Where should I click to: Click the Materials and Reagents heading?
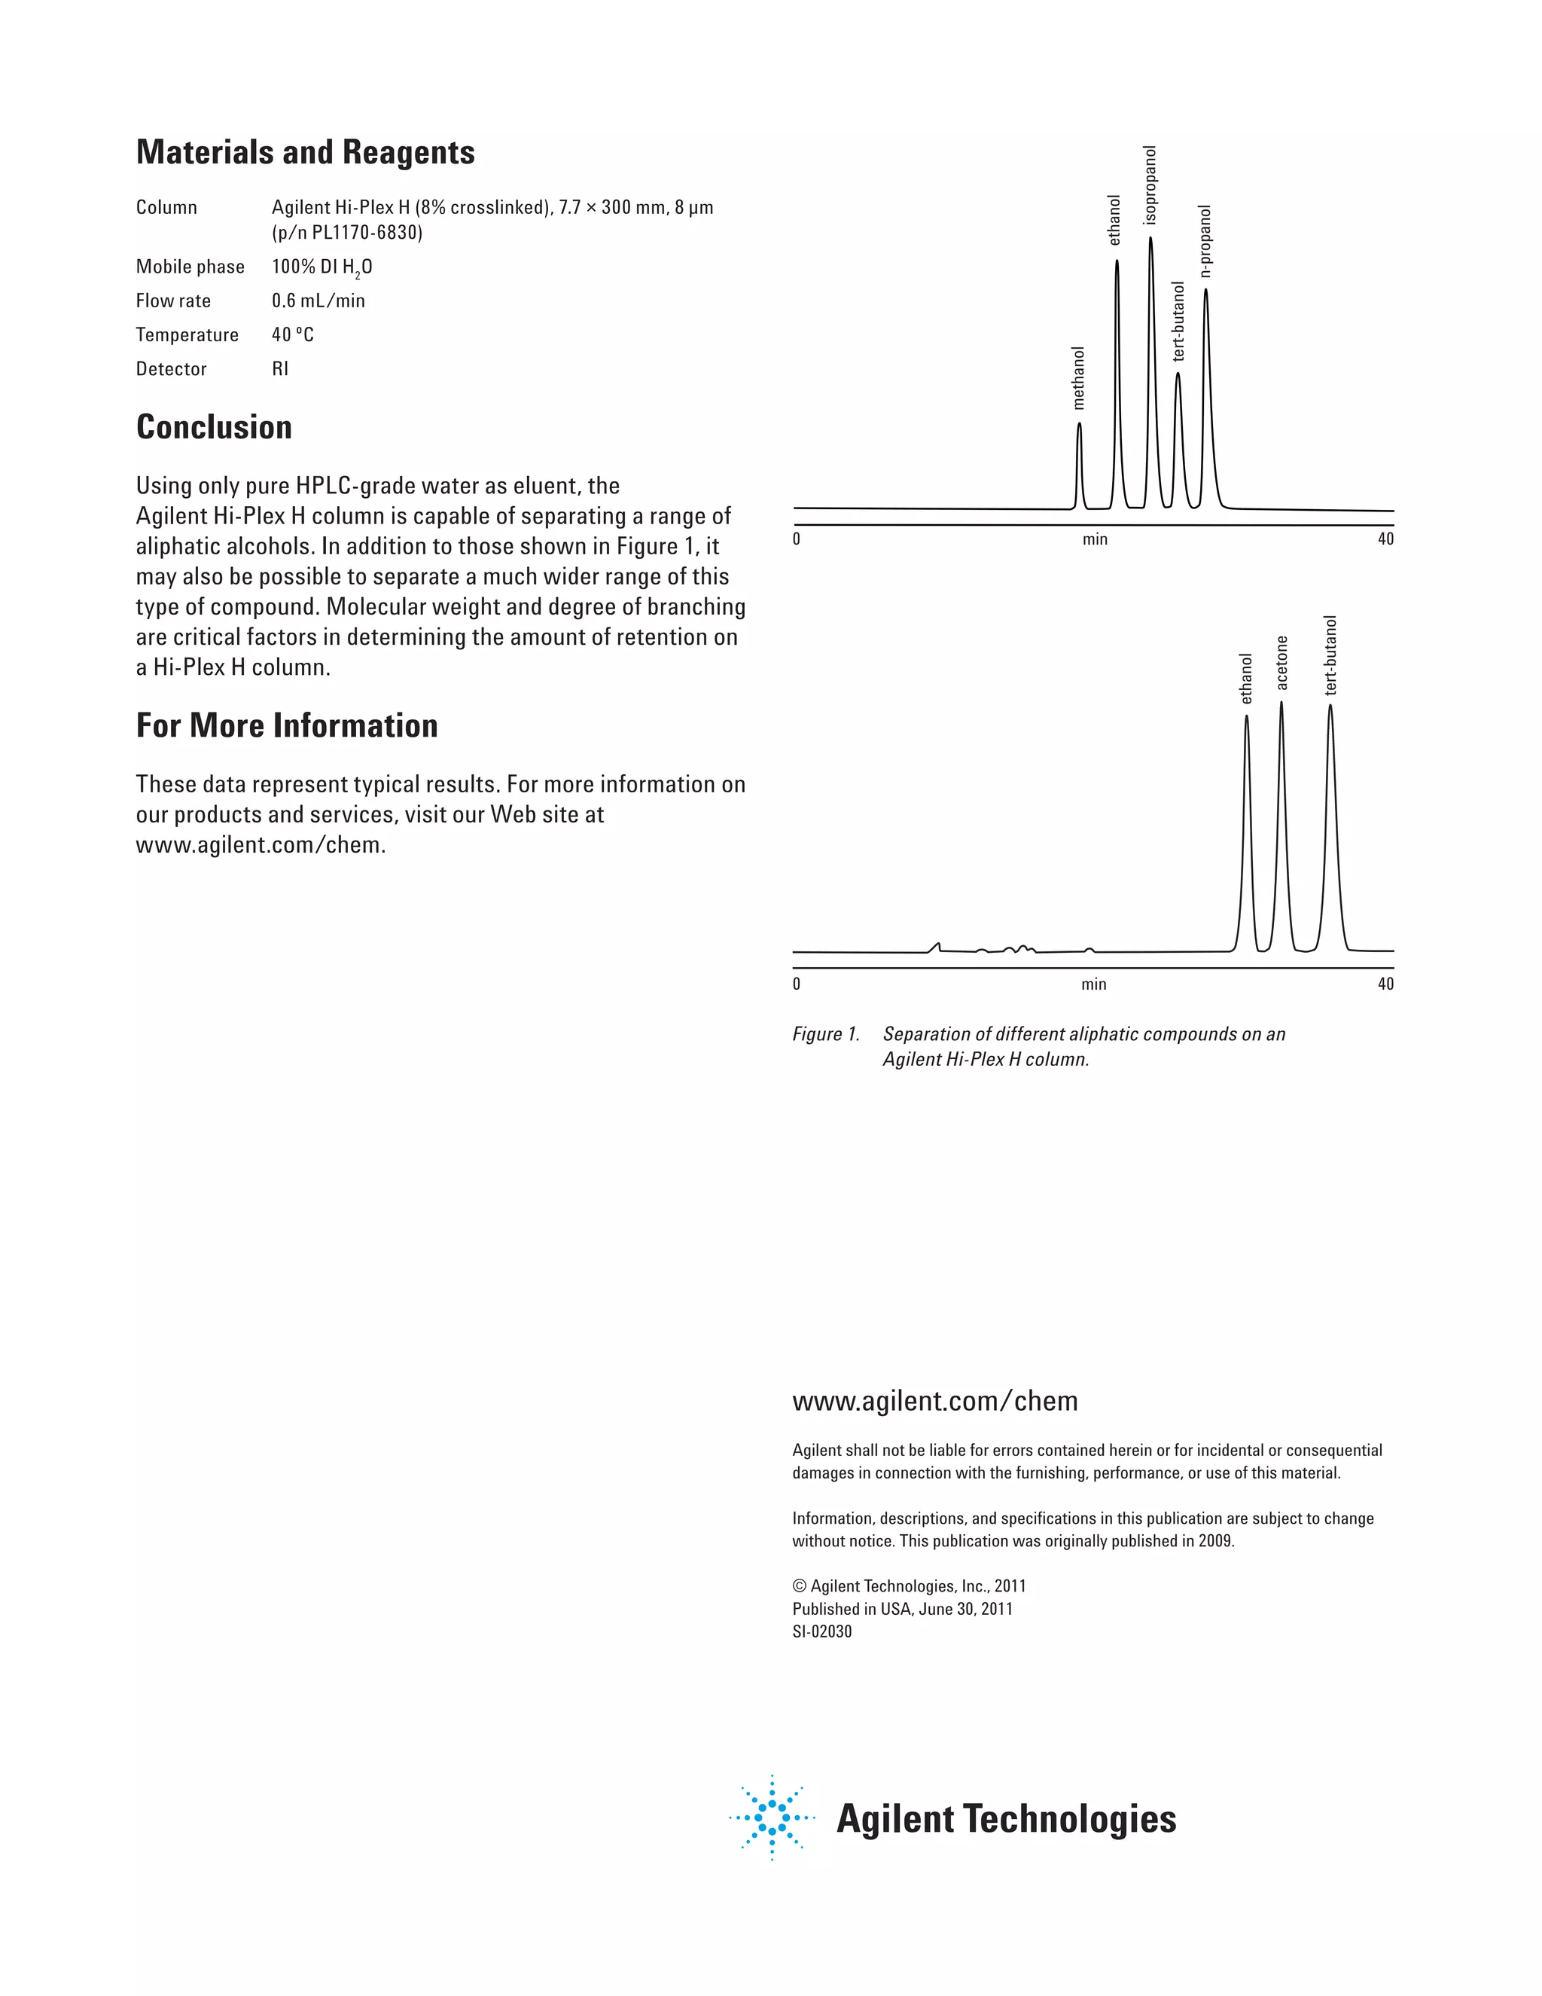tap(305, 153)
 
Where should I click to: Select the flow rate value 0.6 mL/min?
tap(318, 301)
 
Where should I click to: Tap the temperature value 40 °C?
tap(292, 334)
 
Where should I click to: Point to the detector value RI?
tap(279, 369)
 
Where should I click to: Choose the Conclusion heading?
tap(214, 428)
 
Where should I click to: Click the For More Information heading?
tap(287, 725)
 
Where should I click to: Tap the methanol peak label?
tap(1079, 377)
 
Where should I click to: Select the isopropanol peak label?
tap(1150, 185)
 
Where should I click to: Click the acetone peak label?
tap(1281, 664)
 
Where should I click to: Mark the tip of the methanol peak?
tap(1080, 423)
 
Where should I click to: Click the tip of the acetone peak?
tap(1281, 702)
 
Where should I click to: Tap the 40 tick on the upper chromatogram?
tap(1385, 539)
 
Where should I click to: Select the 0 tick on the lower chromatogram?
tap(797, 984)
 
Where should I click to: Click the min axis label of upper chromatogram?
tap(1094, 539)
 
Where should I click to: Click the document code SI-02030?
tap(822, 1631)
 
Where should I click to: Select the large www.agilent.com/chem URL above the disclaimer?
tap(934, 1401)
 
